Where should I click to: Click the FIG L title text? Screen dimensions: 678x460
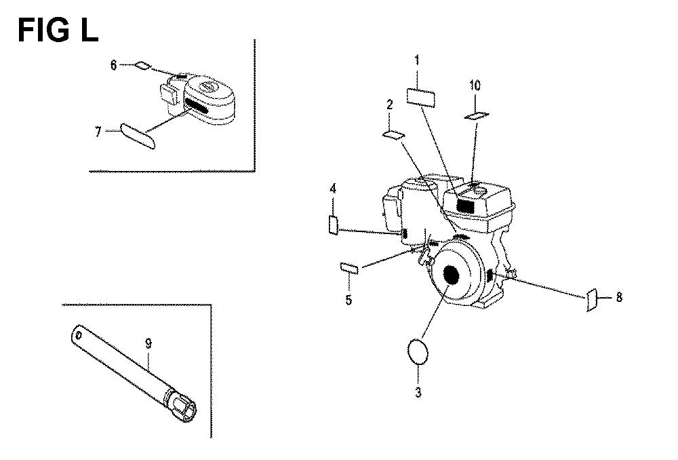click(58, 31)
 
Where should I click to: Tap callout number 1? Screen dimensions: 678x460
click(417, 60)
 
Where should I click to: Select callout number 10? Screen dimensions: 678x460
click(475, 85)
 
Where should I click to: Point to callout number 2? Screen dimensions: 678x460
click(390, 104)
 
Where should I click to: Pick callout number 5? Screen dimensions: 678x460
click(348, 300)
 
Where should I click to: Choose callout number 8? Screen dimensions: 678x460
click(619, 297)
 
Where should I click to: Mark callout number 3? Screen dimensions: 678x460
click(418, 393)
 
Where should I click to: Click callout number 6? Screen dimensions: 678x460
click(113, 65)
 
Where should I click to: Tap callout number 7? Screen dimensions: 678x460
click(98, 132)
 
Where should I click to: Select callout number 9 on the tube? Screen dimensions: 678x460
click(148, 344)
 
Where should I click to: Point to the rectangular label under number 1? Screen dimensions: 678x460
click(421, 98)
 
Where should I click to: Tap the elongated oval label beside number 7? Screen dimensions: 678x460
click(138, 136)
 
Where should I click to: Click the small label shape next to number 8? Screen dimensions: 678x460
click(592, 300)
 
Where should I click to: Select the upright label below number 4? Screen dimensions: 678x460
click(334, 225)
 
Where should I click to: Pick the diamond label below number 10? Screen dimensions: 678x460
click(477, 115)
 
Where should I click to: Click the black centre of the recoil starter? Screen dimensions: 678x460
click(450, 274)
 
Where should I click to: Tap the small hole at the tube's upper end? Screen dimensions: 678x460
click(79, 335)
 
